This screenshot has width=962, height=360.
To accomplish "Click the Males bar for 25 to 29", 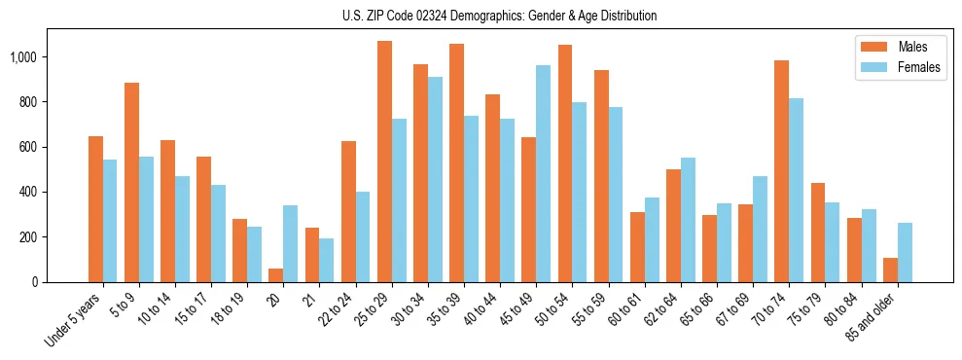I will pos(384,162).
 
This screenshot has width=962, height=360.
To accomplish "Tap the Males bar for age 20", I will pos(276,275).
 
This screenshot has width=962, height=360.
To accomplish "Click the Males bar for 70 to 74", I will pos(782,171).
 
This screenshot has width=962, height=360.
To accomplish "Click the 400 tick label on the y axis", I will pos(28,192).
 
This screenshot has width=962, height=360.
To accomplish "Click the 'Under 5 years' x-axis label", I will pos(73,319).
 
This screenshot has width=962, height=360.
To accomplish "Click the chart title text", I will pos(500,16).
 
